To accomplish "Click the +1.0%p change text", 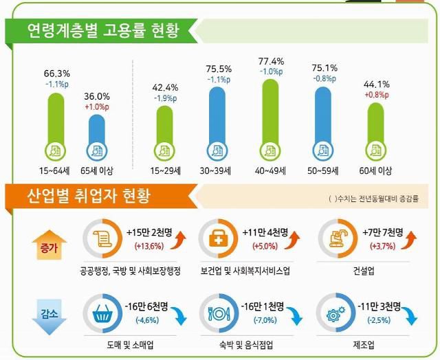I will (97, 107).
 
